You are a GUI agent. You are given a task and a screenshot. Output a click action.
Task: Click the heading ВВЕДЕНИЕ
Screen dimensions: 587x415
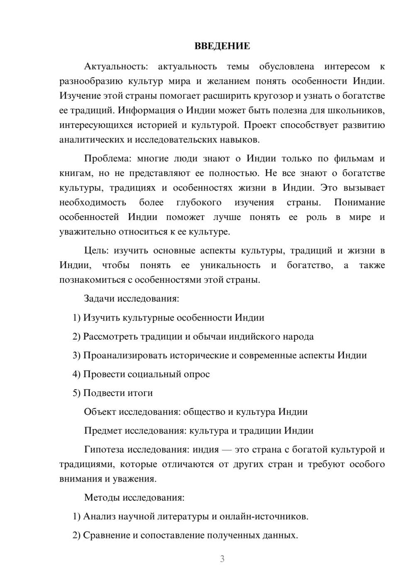pos(222,46)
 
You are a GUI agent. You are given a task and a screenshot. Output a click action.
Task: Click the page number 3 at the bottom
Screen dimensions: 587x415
pos(222,559)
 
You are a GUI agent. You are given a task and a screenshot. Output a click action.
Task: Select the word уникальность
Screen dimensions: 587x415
pos(230,265)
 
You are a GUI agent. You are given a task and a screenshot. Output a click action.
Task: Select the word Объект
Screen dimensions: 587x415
pos(100,412)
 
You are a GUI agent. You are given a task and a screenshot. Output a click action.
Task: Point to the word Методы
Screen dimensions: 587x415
pos(102,497)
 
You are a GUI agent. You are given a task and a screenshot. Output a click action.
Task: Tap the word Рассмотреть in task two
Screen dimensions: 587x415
pos(110,337)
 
